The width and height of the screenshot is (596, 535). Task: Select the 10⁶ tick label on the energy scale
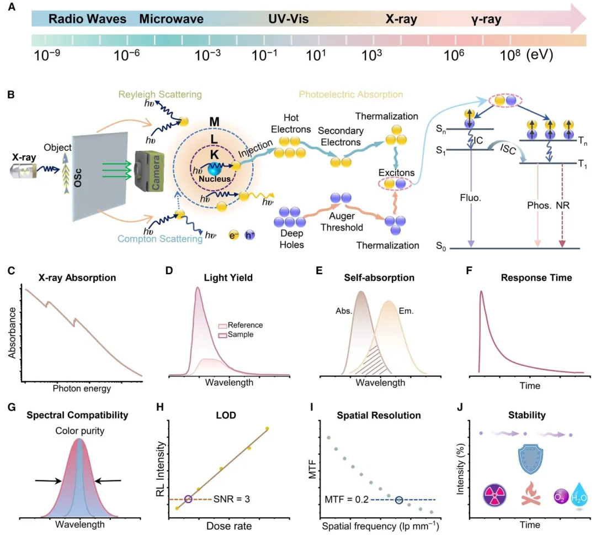454,55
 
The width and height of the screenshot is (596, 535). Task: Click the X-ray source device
23,169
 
